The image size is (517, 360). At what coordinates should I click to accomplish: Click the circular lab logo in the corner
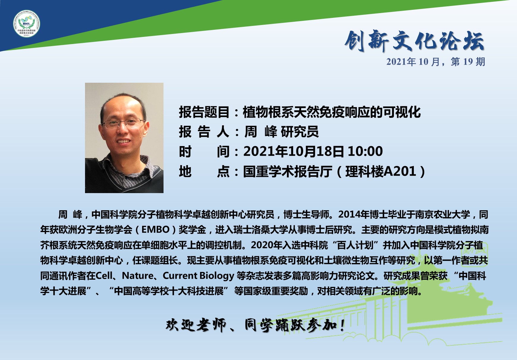27,24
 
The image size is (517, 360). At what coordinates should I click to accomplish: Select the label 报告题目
204,112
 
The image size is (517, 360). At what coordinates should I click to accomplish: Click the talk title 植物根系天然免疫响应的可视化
332,112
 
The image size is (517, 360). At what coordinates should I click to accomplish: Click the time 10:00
365,151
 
